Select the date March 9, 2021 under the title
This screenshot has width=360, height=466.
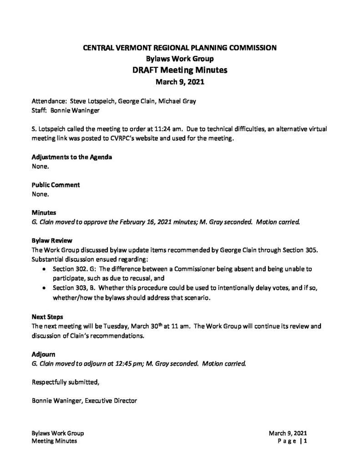point(179,82)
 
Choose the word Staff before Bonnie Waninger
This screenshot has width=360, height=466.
point(39,110)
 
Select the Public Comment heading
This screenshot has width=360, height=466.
point(56,185)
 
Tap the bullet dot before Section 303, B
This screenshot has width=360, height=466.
point(43,288)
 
